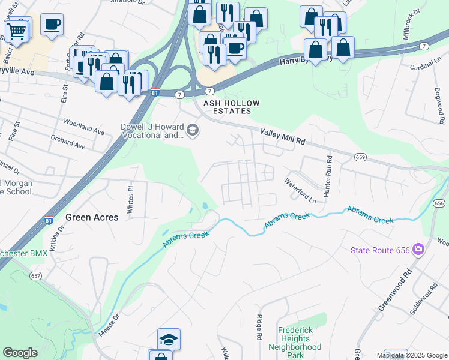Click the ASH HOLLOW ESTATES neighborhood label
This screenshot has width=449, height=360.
coord(231,107)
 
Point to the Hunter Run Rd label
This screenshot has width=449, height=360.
coord(328,177)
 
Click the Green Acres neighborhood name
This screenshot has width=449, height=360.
coord(92,217)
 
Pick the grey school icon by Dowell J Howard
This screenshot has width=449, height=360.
coord(193,131)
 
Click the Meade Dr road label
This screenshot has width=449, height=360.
coord(110,324)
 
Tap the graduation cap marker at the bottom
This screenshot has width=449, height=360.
coord(169,339)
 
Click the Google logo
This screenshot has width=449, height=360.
coord(20,353)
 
